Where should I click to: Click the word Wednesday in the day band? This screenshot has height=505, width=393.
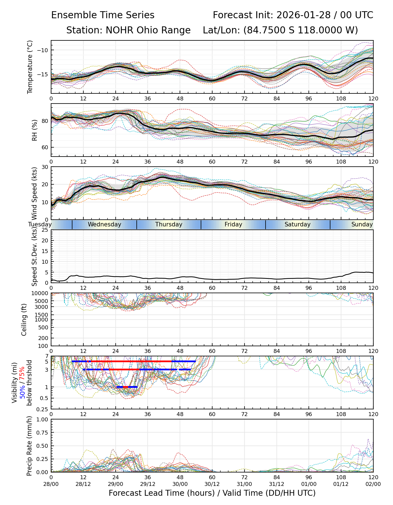[104, 224]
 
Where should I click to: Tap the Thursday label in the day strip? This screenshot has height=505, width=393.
[169, 224]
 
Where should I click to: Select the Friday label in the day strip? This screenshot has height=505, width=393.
[233, 224]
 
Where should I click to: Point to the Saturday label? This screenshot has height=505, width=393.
[298, 224]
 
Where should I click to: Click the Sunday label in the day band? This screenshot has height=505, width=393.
[362, 224]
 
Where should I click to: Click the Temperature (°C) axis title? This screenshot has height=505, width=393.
[30, 67]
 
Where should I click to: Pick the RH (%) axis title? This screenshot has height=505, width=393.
[35, 130]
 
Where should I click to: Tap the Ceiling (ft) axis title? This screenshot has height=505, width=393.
[24, 319]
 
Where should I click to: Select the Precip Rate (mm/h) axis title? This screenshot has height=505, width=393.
[29, 446]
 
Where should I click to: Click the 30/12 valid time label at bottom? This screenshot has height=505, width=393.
[212, 484]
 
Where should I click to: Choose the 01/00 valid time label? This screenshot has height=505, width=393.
[309, 484]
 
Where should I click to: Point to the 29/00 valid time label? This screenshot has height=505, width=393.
[115, 484]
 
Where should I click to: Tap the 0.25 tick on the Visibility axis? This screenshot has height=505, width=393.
[43, 409]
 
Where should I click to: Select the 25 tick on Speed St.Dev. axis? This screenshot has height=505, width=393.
[45, 230]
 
